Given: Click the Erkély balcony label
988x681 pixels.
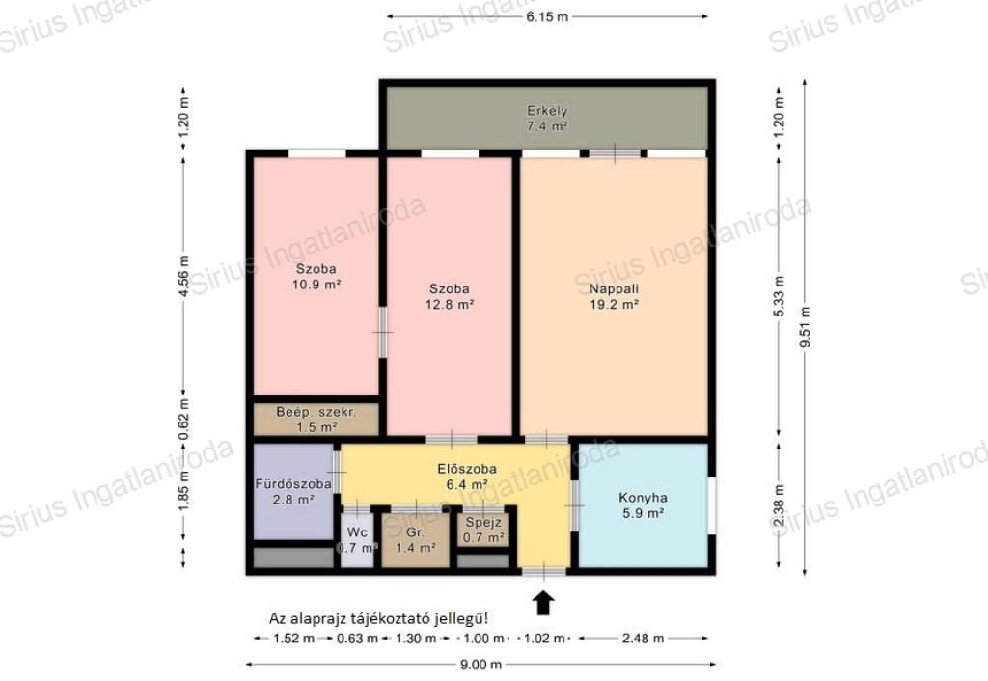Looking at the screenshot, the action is tap(548, 111).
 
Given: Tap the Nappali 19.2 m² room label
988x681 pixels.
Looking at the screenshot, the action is tap(614, 297).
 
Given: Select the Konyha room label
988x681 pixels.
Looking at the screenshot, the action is tap(643, 498).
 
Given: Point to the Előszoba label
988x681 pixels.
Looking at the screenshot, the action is tap(467, 469).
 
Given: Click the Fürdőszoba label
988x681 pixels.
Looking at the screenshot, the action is tap(293, 484).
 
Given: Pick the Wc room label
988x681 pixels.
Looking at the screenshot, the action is tap(357, 533).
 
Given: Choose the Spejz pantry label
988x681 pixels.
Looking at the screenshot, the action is tap(484, 522).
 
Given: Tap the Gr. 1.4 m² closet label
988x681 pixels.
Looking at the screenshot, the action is tap(415, 540).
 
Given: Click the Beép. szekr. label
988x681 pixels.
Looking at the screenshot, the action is tap(316, 413).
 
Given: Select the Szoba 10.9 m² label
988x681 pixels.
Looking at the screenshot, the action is tap(316, 277).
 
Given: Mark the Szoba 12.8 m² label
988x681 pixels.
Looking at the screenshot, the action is tap(450, 297).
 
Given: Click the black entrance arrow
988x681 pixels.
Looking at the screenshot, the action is tap(544, 602).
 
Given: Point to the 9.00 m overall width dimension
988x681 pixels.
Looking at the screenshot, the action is tap(480, 664).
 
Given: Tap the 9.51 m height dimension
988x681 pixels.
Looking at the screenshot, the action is tap(805, 327).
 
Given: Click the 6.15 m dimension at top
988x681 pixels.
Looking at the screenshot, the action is tap(548, 17).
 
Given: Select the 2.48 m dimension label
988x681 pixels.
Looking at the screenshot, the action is tap(643, 639).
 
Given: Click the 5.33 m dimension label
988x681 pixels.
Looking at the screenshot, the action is tap(780, 297).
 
